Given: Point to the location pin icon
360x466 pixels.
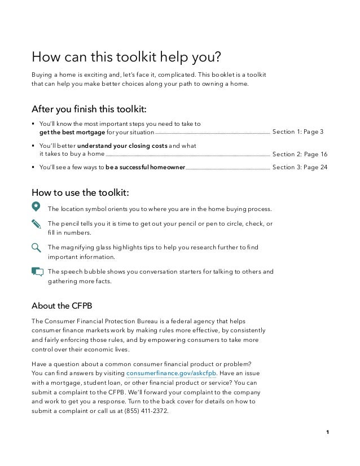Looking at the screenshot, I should tap(36, 206).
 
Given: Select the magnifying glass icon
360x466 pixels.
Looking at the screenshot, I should tap(37, 247).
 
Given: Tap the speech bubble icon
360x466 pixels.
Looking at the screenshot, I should tap(37, 271).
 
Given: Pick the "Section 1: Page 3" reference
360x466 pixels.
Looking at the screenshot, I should tap(297, 133).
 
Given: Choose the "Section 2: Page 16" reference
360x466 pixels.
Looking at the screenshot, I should tap(299, 154).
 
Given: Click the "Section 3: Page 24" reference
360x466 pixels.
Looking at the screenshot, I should tap(299, 168).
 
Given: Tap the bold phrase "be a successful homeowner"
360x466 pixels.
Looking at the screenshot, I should tap(145, 168).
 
